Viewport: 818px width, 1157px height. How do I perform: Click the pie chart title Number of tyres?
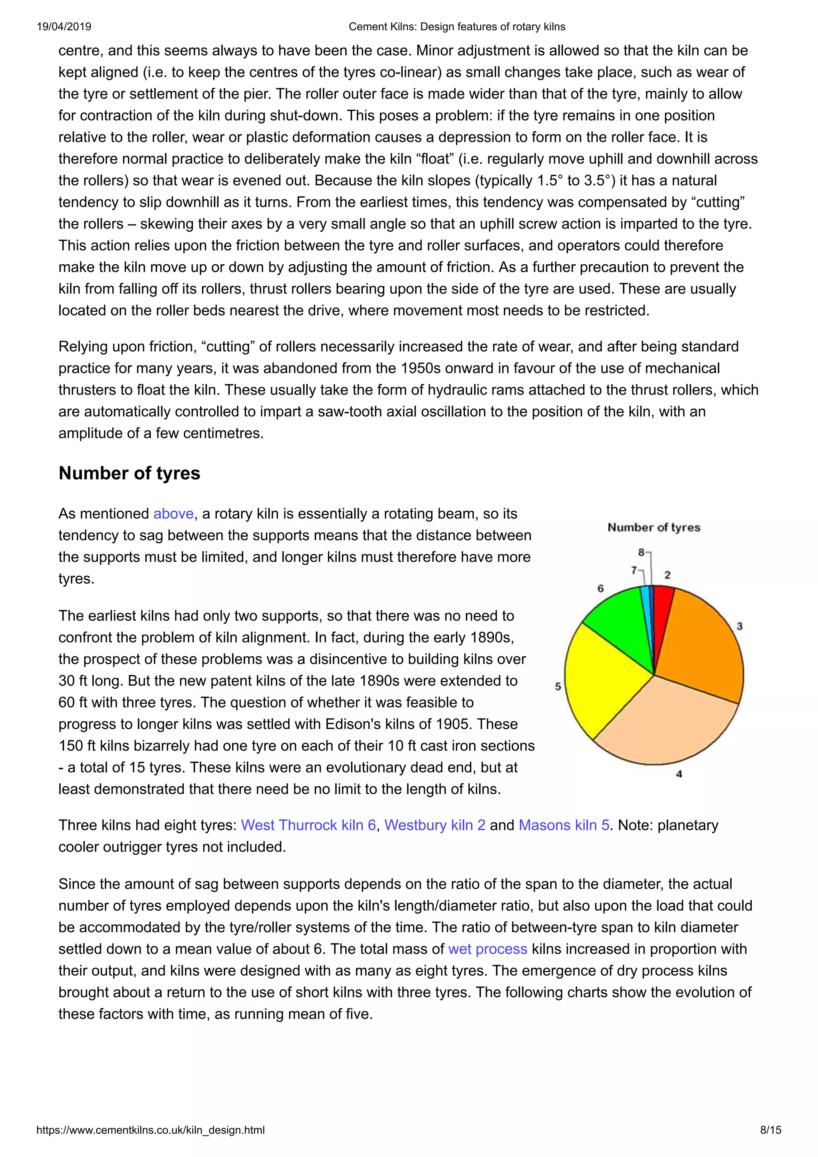[x=654, y=528]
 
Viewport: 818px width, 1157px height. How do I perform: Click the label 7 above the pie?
[x=634, y=571]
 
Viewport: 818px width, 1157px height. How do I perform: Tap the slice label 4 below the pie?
[x=679, y=774]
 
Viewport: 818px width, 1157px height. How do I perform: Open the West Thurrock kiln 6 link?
[x=308, y=825]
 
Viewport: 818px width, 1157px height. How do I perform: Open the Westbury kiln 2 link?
[x=435, y=825]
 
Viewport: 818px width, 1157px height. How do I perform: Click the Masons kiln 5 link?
[x=564, y=825]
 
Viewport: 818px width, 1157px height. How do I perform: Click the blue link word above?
[x=173, y=513]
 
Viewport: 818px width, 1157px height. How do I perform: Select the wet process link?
[x=487, y=949]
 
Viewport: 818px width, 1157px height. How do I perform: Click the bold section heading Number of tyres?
[x=129, y=473]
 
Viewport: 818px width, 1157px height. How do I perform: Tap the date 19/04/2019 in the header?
[x=64, y=27]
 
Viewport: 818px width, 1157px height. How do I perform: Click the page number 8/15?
[x=770, y=1130]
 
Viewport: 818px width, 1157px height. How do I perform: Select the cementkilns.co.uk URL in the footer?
[x=150, y=1130]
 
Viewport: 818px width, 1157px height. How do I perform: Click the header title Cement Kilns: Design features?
[x=457, y=27]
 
